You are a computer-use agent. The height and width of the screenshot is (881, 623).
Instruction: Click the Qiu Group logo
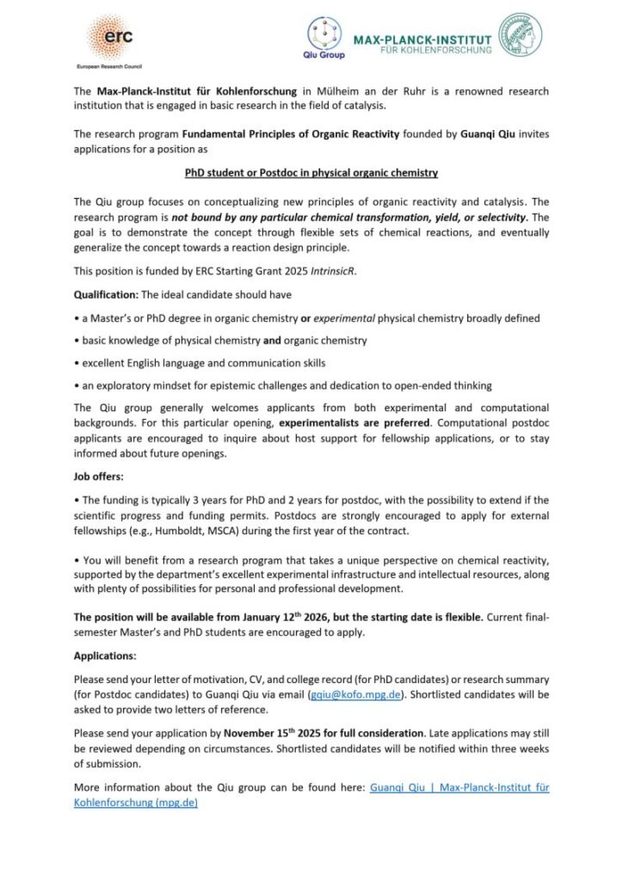[x=325, y=38]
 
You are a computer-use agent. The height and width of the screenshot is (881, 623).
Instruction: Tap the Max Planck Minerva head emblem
[x=521, y=34]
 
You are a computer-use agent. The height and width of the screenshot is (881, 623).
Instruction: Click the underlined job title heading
[x=311, y=173]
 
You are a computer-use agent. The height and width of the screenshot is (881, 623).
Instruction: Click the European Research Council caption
[x=109, y=65]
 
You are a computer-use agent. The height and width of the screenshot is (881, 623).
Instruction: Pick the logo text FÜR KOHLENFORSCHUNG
[x=438, y=51]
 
